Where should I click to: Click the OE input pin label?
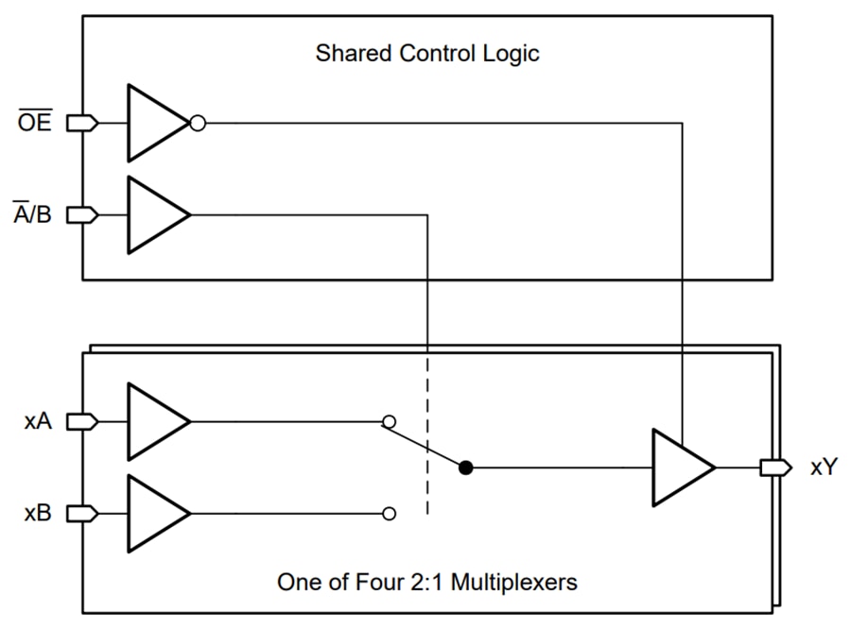tap(36, 123)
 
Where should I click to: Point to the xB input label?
tap(38, 514)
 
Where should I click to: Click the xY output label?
tap(823, 467)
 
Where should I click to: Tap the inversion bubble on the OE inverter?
tap(198, 123)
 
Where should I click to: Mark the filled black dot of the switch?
tap(465, 467)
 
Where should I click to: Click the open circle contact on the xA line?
tap(389, 422)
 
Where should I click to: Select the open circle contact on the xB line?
tap(389, 514)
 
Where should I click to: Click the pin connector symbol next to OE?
tap(82, 123)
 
